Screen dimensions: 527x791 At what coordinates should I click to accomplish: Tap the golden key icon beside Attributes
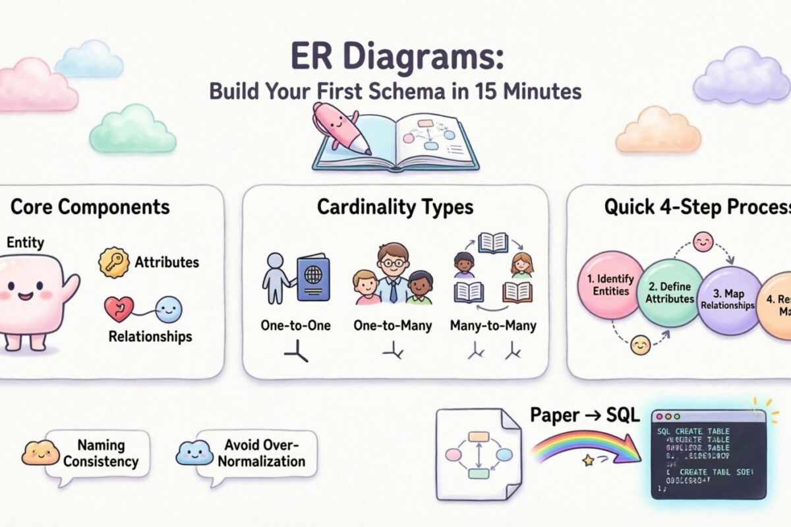(x=114, y=262)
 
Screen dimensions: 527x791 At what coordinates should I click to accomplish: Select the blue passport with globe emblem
(x=313, y=279)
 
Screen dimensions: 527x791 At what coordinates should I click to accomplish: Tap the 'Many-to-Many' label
(x=492, y=325)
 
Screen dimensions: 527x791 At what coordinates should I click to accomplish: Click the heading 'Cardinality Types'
(x=395, y=207)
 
